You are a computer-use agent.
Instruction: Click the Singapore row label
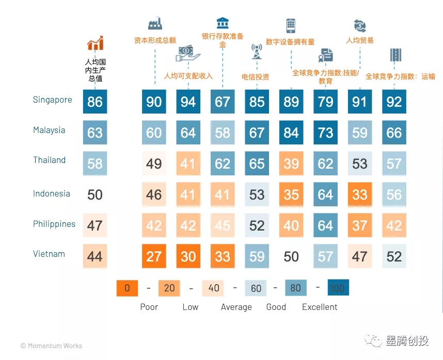[53, 100]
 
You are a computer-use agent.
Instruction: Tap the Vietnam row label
[49, 254]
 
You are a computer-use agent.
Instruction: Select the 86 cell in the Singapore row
[95, 102]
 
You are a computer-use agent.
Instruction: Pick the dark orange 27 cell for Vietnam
[154, 256]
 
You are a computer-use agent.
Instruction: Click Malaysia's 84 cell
[291, 133]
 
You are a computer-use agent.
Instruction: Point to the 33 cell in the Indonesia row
[360, 194]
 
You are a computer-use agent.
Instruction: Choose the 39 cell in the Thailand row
[291, 163]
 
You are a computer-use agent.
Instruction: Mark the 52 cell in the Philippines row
[257, 225]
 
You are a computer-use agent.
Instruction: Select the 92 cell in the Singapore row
[394, 102]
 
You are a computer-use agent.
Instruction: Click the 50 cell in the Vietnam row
[291, 256]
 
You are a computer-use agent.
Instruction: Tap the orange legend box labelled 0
[128, 288]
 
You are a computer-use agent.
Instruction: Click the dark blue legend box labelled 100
[337, 288]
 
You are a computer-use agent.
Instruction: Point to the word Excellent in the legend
[320, 307]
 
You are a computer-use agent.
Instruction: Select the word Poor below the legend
[149, 307]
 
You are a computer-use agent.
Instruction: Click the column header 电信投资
[256, 77]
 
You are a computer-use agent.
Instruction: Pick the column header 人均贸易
[359, 40]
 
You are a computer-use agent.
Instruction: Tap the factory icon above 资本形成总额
[155, 23]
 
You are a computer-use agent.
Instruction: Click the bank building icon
[223, 23]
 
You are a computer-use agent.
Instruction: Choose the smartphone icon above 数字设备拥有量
[291, 25]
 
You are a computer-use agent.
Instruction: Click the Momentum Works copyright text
[51, 346]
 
